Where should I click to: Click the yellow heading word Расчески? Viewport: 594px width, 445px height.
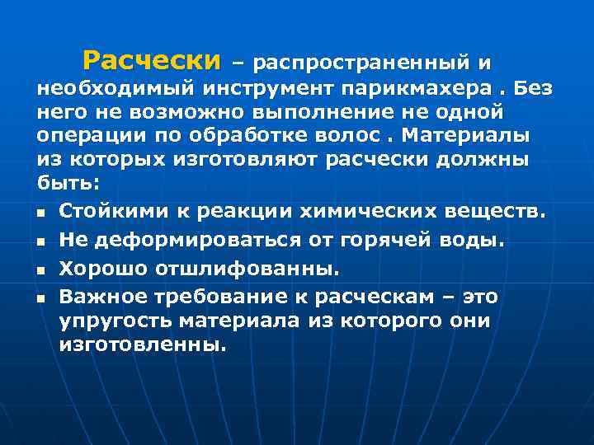[x=153, y=60]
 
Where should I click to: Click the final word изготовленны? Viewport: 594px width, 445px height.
[x=142, y=344]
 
